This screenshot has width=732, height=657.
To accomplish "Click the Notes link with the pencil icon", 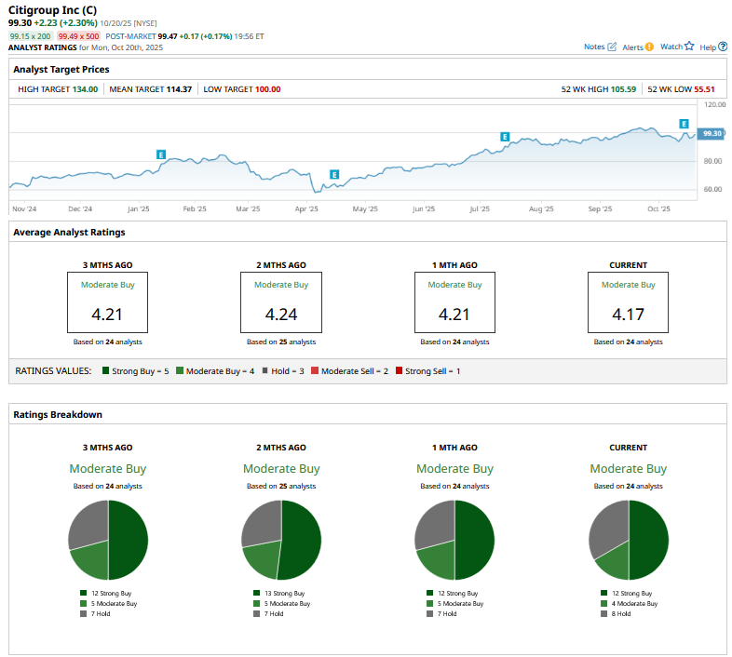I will click(599, 47).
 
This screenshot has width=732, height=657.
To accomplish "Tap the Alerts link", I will click(637, 47).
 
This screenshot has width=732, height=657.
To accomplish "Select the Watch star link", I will click(677, 47).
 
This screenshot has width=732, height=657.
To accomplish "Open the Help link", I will click(713, 47).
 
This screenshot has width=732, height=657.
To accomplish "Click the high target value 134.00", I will click(85, 89).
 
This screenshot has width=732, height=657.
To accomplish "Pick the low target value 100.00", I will click(267, 89).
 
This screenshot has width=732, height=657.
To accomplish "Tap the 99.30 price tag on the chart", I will click(712, 134).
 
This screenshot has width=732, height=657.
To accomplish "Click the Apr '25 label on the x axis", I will click(306, 209).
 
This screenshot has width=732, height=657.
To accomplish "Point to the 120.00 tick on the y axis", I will click(713, 106).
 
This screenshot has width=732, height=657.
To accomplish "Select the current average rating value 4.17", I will click(628, 315).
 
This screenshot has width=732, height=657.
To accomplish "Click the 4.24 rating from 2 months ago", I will click(280, 315).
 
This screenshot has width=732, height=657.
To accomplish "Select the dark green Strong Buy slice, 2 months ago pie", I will click(301, 540).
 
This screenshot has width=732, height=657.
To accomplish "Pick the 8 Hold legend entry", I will click(621, 614).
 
